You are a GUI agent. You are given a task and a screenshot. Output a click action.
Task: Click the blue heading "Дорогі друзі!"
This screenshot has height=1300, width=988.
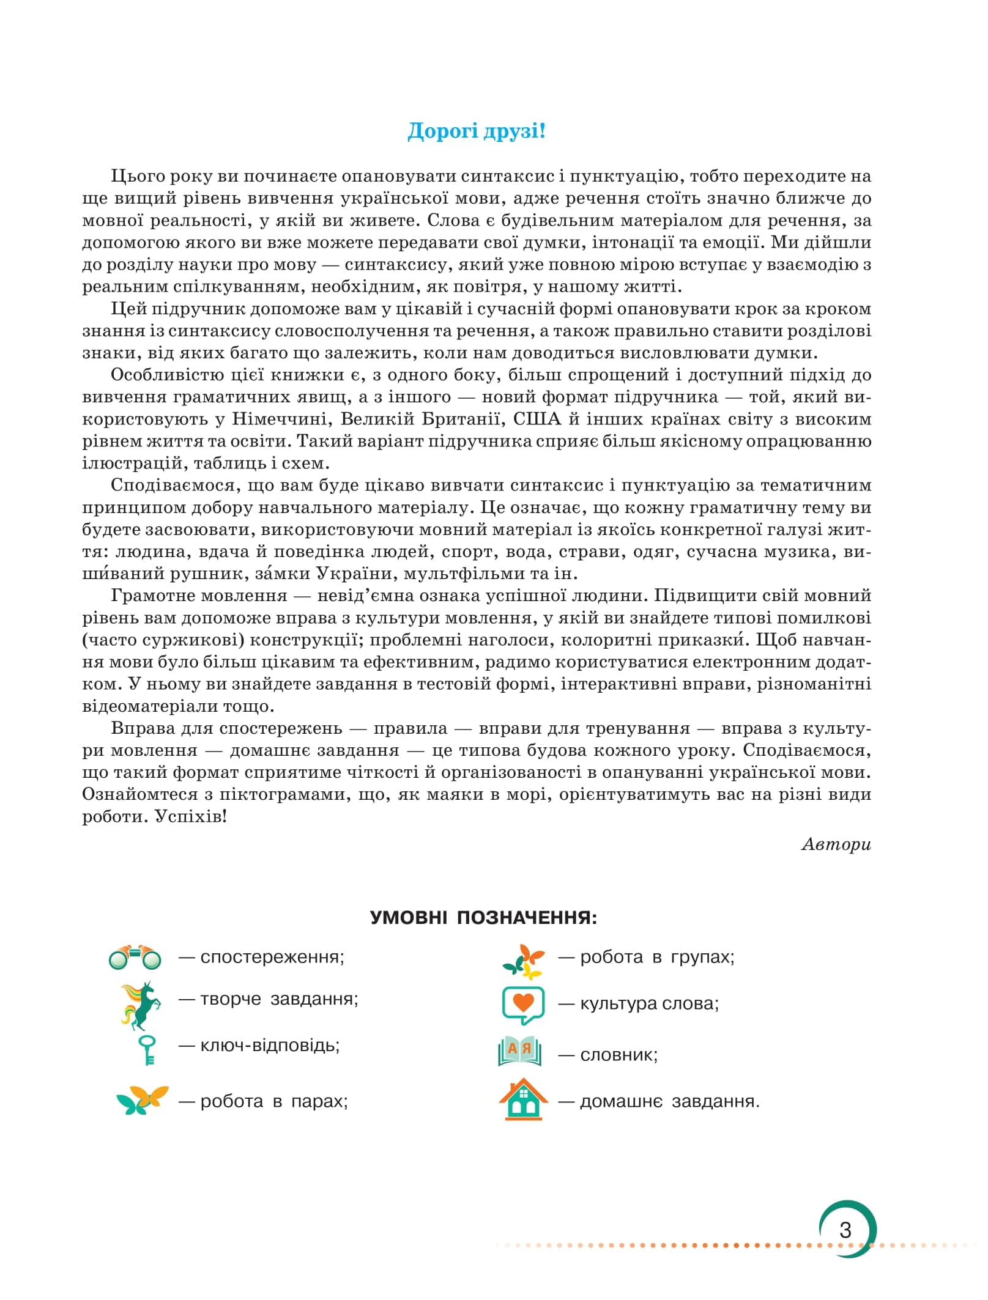pyautogui.click(x=476, y=131)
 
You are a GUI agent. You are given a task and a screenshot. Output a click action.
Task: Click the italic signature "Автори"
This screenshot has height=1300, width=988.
pyautogui.click(x=836, y=844)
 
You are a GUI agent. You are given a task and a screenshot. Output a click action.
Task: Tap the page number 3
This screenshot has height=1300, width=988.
pyautogui.click(x=845, y=1230)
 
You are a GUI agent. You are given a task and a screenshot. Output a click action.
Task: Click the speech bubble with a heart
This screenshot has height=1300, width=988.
pyautogui.click(x=523, y=1005)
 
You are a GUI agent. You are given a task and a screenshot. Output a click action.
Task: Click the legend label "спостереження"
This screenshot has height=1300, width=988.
pyautogui.click(x=272, y=957)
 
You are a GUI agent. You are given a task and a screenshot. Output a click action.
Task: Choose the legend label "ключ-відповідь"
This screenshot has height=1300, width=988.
pyautogui.click(x=270, y=1045)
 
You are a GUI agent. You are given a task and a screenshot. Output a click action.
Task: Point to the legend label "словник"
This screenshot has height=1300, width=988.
pyautogui.click(x=618, y=1055)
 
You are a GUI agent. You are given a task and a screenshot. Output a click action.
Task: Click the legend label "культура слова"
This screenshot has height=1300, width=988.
pyautogui.click(x=649, y=1003)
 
